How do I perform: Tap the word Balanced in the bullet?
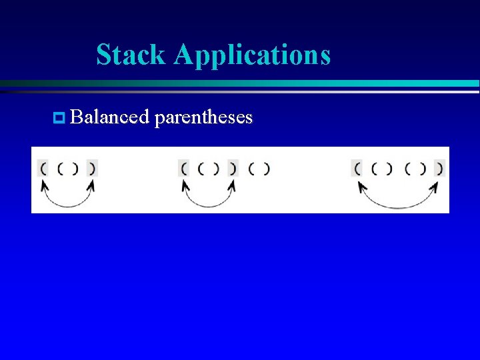pos(109,117)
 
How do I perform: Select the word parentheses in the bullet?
pos(203,119)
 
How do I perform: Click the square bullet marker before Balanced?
pos(57,119)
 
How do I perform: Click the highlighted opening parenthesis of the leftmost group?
pos(43,168)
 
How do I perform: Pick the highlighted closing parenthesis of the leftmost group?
pos(92,168)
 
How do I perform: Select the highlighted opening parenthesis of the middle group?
pos(184,168)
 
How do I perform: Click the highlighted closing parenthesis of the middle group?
pos(233,168)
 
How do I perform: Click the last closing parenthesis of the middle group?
pos(266,169)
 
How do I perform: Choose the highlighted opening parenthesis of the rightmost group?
pos(357,168)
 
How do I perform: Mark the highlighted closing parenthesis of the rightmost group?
pos(439,168)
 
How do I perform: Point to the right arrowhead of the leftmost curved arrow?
pos(91,185)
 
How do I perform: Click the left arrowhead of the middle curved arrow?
pos(187,185)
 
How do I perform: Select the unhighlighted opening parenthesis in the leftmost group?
pos(60,169)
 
